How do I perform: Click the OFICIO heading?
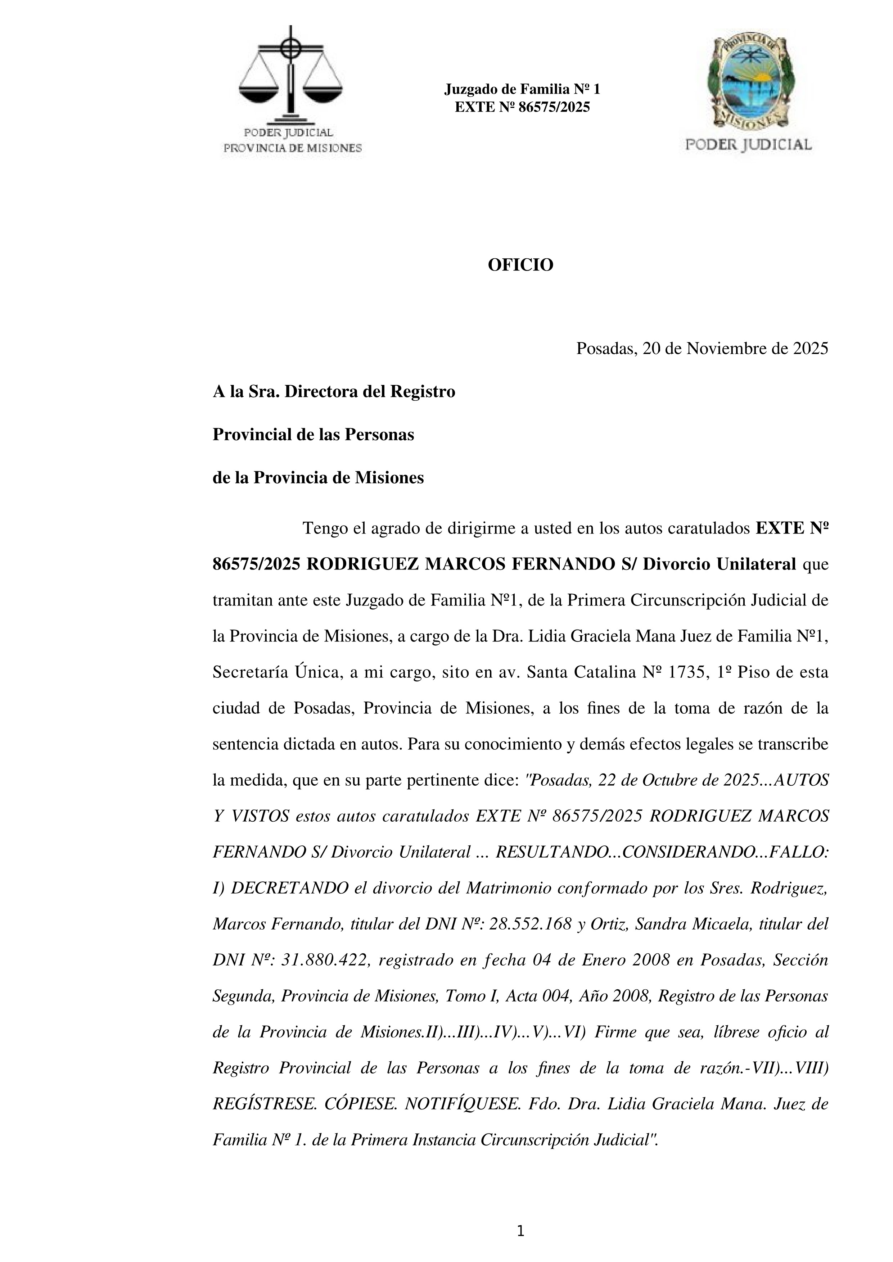520,265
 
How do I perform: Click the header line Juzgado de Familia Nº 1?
522,89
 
